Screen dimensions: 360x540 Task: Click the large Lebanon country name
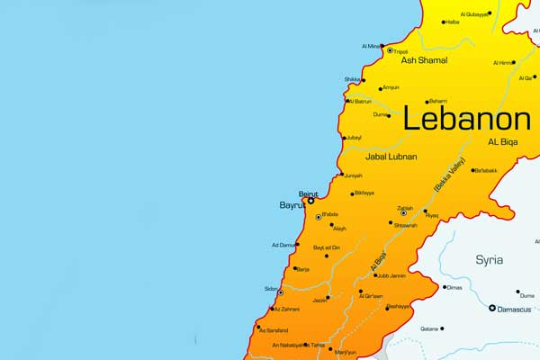coord(466,119)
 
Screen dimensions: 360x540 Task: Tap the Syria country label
coord(490,259)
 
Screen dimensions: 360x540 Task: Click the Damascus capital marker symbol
coord(492,309)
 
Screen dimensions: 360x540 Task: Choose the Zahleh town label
coord(406,208)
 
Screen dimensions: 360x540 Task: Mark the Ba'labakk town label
coord(485,170)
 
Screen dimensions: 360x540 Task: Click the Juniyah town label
coord(354,175)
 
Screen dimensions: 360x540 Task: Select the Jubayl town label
coord(355,138)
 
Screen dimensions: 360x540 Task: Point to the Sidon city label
coord(271,288)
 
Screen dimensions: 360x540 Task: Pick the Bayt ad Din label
coord(326,247)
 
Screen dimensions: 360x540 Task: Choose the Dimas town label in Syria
coord(455,288)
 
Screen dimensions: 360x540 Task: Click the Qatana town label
coord(429,328)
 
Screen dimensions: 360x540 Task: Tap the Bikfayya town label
coord(364,193)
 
